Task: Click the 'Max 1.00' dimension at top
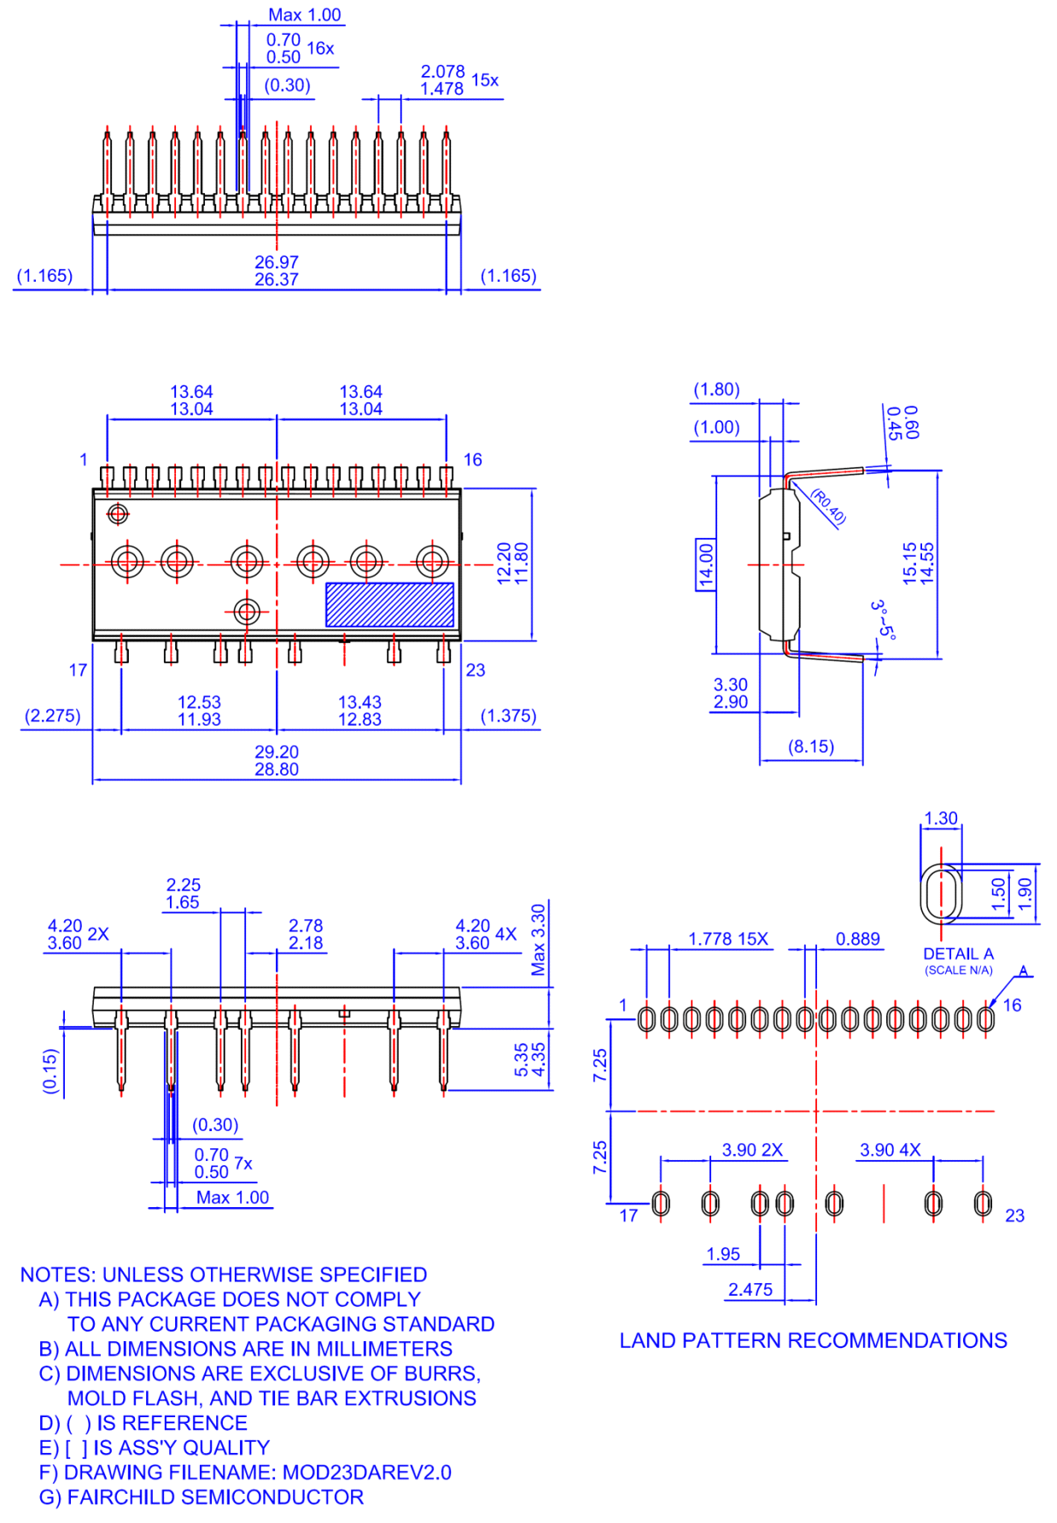(304, 15)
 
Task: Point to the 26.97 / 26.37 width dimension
(277, 271)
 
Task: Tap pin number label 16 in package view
(472, 460)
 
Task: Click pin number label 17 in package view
(78, 670)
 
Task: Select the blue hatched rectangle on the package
(389, 605)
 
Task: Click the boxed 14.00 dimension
(705, 564)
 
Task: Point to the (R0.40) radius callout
(828, 506)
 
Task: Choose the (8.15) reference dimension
(810, 747)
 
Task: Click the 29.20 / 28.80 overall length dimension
(277, 761)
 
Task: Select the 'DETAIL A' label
(958, 954)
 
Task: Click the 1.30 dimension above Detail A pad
(940, 819)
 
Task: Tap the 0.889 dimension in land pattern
(857, 939)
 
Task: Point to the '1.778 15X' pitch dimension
(728, 939)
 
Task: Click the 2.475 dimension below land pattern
(750, 1290)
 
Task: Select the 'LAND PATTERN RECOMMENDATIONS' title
(813, 1341)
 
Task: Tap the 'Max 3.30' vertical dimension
(539, 939)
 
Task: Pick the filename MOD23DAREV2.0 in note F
(366, 1473)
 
